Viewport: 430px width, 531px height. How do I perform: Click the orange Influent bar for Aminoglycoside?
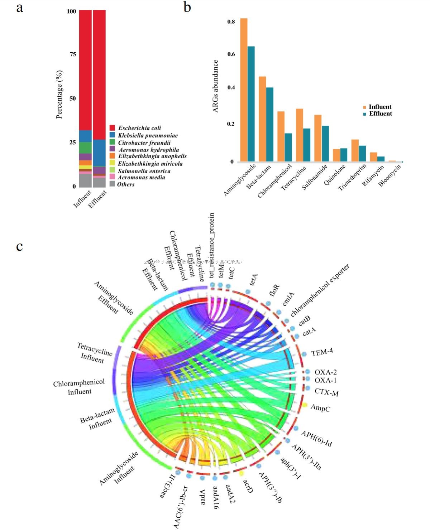point(244,90)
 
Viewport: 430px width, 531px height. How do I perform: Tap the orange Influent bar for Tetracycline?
point(299,135)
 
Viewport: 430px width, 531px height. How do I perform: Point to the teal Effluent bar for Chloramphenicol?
point(288,147)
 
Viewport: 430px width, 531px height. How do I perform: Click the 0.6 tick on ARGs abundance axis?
point(231,54)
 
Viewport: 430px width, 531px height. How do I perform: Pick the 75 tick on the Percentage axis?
point(73,54)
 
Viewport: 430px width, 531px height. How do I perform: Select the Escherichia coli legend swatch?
point(112,128)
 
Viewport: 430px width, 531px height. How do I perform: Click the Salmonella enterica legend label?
point(144,171)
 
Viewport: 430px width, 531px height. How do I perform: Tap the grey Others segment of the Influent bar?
point(85,180)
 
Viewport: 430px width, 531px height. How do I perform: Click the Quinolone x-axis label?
point(335,175)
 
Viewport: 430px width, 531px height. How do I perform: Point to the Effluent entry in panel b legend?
point(380,114)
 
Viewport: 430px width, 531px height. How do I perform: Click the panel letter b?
point(187,7)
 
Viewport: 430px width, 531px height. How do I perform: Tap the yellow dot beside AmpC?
point(305,405)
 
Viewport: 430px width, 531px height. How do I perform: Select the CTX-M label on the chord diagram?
point(326,392)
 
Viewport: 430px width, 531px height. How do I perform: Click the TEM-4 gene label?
point(322,352)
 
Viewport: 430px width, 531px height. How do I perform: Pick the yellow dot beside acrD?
point(241,473)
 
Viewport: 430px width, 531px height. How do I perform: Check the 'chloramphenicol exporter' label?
point(320,290)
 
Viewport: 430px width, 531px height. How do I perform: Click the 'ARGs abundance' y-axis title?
point(215,86)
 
